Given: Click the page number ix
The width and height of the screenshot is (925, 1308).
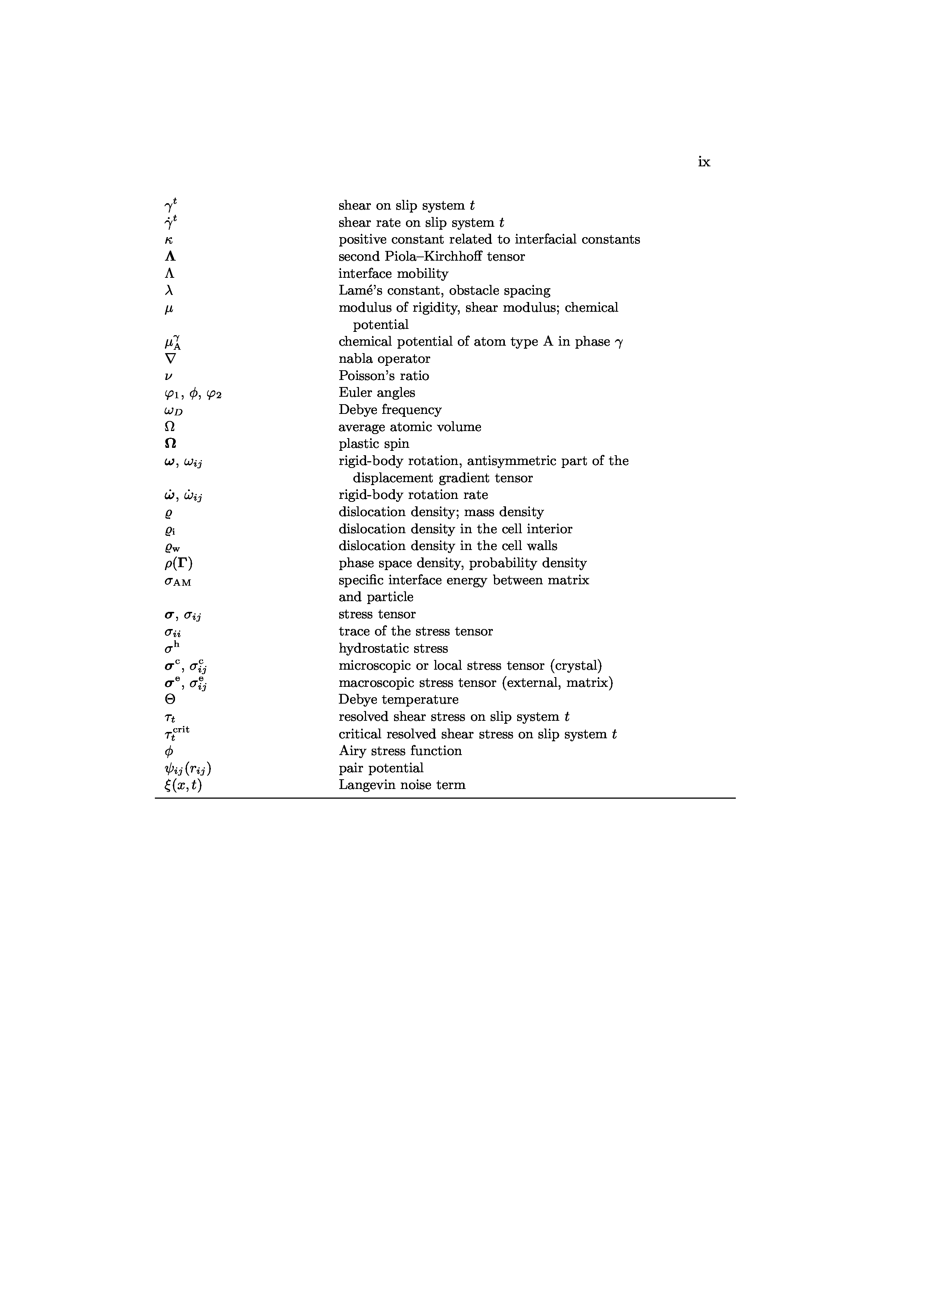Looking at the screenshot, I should click(x=704, y=162).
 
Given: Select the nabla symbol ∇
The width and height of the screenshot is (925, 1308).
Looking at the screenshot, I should click(x=170, y=359).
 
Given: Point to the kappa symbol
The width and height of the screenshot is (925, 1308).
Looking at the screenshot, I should click(x=168, y=240).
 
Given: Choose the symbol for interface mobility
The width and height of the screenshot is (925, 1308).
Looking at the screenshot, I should click(x=169, y=274).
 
